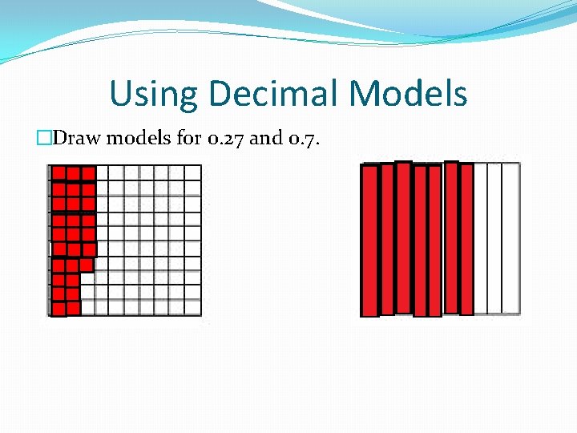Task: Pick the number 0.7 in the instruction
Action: click(x=305, y=138)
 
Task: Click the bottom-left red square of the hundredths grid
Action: click(x=58, y=308)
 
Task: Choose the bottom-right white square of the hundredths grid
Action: click(x=192, y=307)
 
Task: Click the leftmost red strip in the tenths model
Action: click(x=369, y=241)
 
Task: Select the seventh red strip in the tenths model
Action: click(x=466, y=238)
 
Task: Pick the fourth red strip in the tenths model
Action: click(x=420, y=241)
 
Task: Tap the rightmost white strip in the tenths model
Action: click(x=511, y=238)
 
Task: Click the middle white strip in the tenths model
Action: click(x=495, y=238)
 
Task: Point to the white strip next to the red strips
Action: click(x=481, y=238)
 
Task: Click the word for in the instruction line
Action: click(x=189, y=138)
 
